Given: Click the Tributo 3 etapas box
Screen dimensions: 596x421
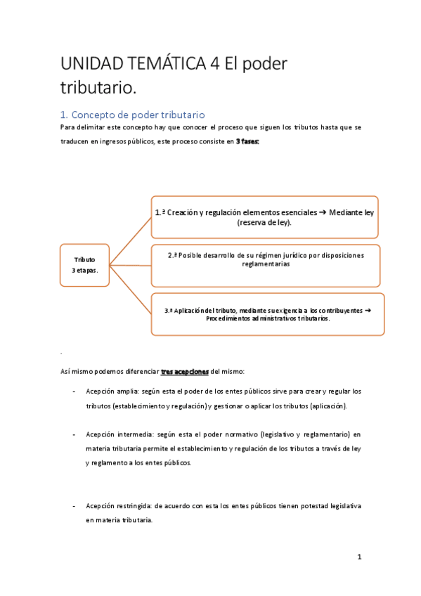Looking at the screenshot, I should [83, 265].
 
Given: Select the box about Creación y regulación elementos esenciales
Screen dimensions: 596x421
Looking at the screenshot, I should [264, 216].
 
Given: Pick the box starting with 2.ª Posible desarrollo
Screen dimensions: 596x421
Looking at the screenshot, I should [265, 265].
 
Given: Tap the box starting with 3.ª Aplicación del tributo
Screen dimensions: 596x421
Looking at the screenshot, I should [268, 313].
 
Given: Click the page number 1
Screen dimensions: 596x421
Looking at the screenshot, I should [359, 557].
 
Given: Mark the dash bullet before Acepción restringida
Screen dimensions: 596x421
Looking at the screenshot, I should [75, 505].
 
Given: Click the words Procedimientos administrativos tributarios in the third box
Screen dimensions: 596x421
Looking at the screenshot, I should [268, 318].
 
